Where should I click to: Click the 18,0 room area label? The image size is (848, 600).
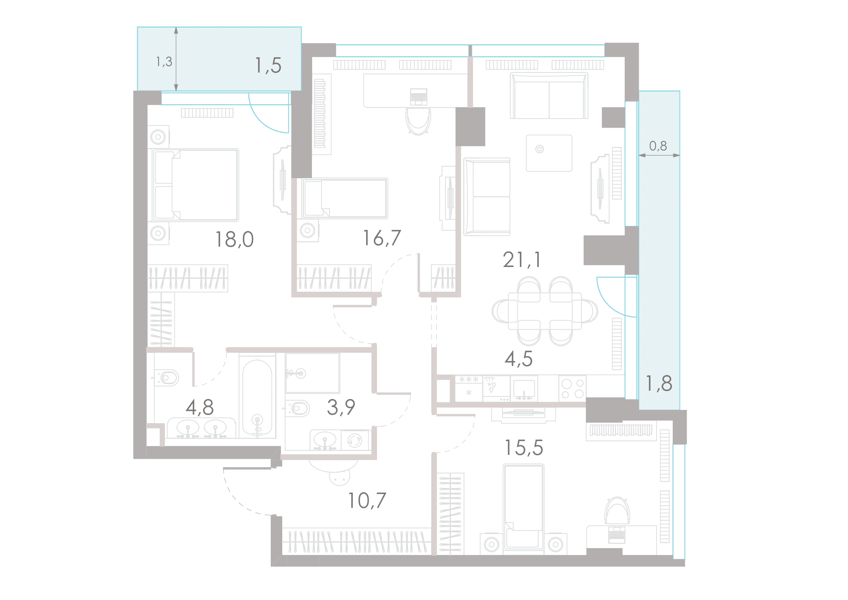tap(235, 239)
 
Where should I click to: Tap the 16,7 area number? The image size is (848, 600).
tap(382, 238)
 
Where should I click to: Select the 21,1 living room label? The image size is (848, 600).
tap(522, 260)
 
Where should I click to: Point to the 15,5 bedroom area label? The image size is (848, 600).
tap(524, 447)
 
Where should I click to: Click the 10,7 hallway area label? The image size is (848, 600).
tap(367, 501)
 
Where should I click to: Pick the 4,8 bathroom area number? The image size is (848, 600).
tap(200, 407)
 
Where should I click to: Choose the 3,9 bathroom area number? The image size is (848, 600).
tap(341, 407)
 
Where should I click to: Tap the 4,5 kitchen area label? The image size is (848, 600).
tap(518, 359)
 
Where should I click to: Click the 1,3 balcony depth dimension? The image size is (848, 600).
tap(164, 62)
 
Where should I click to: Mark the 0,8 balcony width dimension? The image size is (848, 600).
tap(658, 146)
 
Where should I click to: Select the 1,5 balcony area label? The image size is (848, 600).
tap(268, 65)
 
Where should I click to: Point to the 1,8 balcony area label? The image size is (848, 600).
tap(659, 383)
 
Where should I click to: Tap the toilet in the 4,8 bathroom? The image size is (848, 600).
tap(167, 378)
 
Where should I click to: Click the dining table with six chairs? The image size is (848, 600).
tap(545, 311)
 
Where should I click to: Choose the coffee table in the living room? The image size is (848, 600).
tap(549, 153)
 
